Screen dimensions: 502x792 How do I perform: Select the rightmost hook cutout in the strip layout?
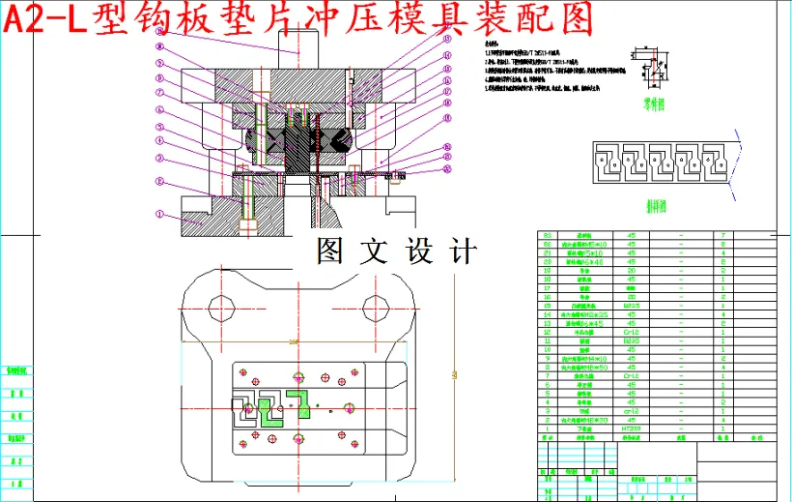coord(716,161)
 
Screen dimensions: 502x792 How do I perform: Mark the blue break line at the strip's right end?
coord(740,161)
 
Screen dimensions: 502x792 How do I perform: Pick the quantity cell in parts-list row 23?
coord(722,236)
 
